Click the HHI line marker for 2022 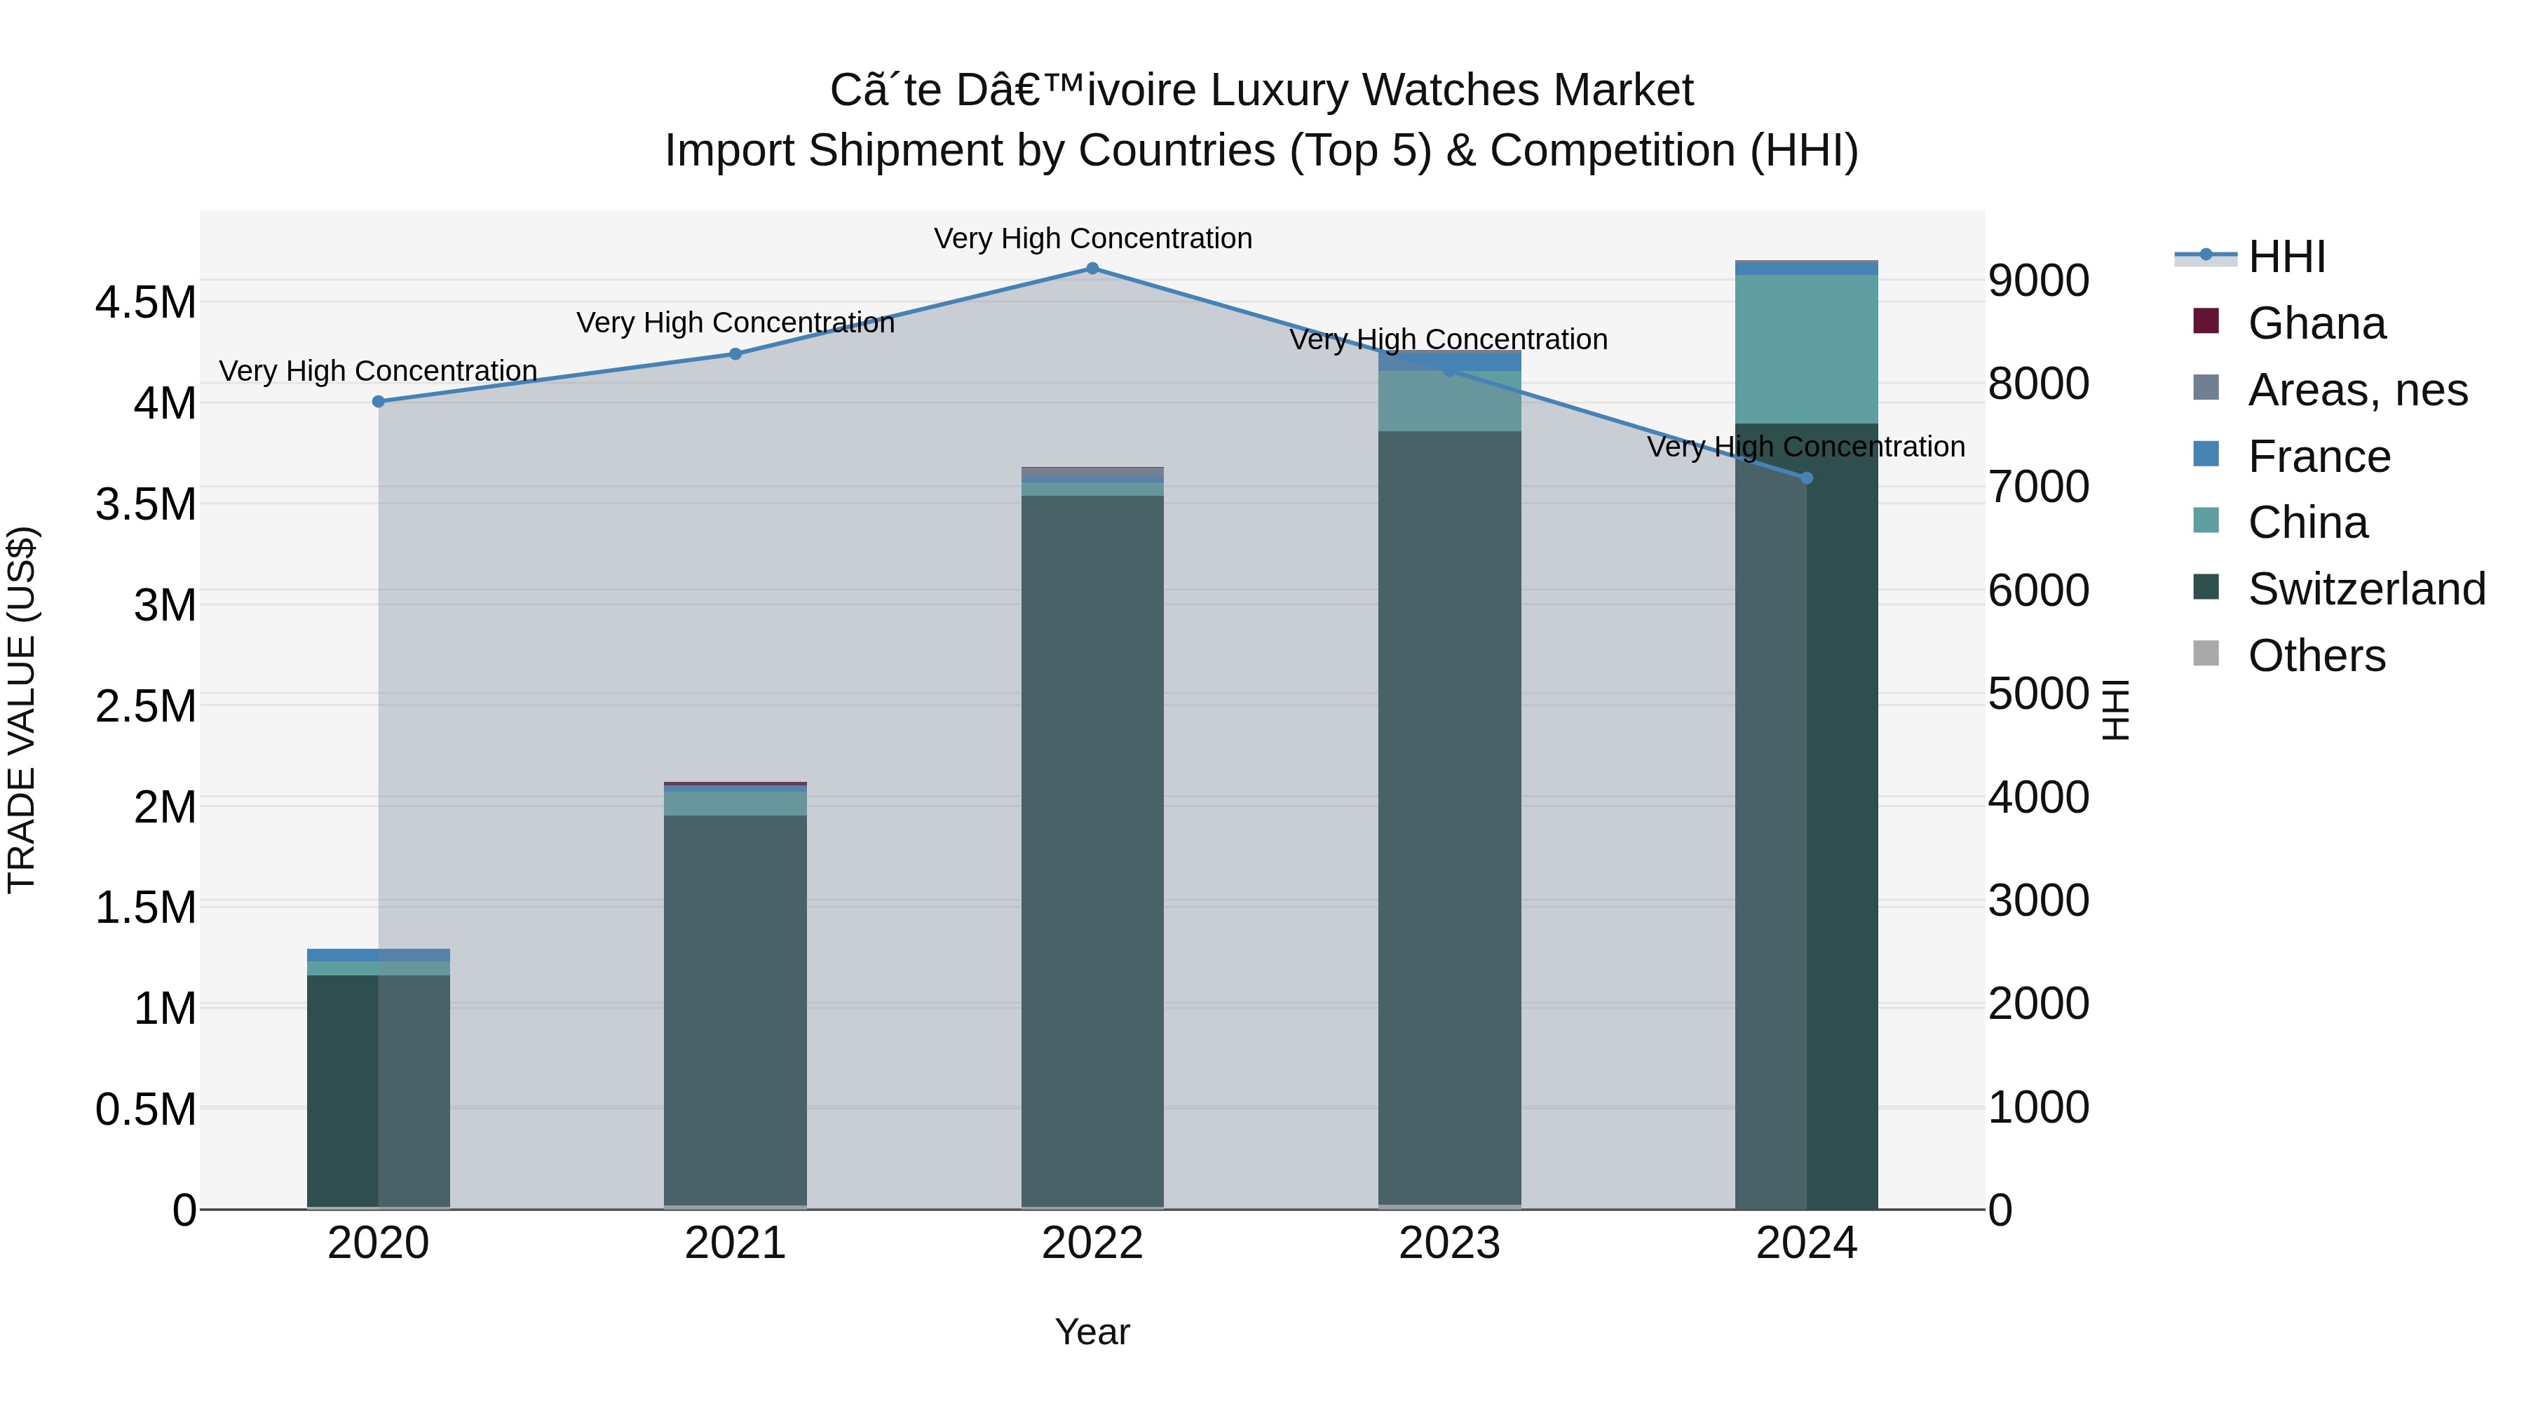click(1092, 269)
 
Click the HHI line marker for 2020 click(378, 402)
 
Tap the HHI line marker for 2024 click(1807, 478)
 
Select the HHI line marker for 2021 click(736, 354)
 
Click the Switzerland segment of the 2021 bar click(736, 1009)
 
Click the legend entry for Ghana click(2316, 323)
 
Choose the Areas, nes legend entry click(2356, 390)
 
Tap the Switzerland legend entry click(2366, 589)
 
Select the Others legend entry click(2316, 656)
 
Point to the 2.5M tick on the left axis click(146, 705)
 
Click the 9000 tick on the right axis click(2038, 280)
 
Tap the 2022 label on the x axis click(1092, 1243)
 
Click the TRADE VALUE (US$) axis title click(22, 710)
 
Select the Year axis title click(1092, 1332)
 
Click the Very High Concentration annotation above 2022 click(1092, 238)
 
